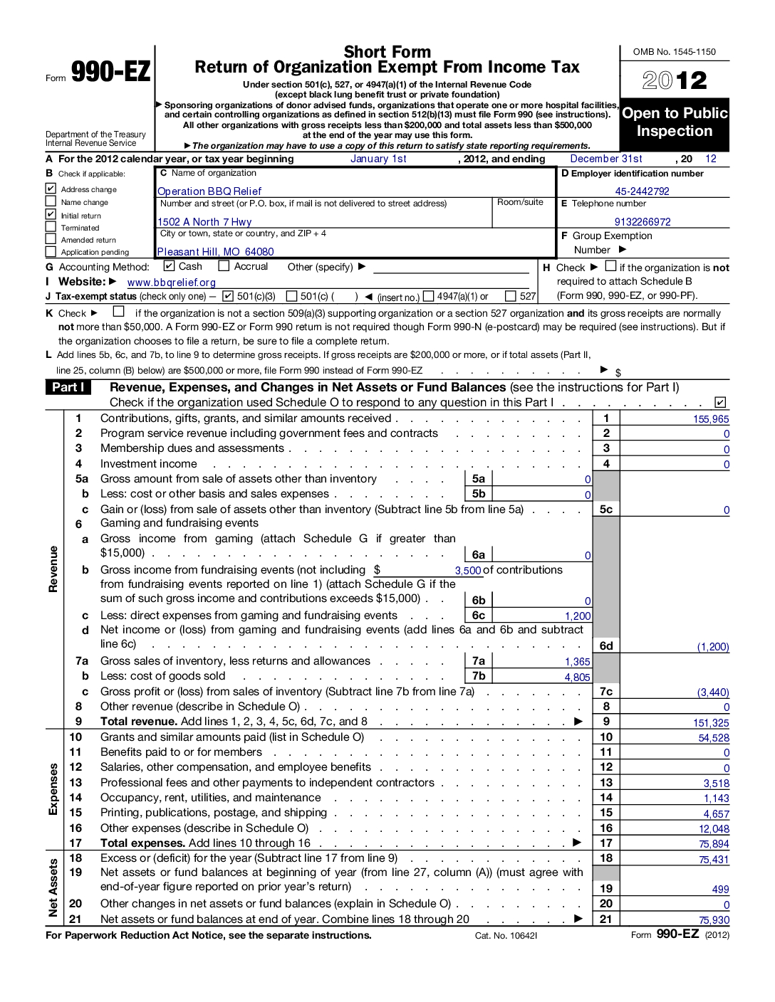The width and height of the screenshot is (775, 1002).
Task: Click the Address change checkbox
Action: click(x=51, y=189)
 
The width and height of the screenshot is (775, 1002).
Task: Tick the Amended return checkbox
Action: click(x=51, y=240)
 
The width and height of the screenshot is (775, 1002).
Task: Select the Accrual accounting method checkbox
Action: click(x=224, y=266)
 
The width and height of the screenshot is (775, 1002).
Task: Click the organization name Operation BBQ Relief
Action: click(x=209, y=191)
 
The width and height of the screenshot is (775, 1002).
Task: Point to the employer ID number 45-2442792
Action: click(x=642, y=191)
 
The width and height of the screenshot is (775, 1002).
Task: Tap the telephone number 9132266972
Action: click(x=643, y=222)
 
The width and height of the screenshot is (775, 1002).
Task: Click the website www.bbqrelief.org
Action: click(x=171, y=283)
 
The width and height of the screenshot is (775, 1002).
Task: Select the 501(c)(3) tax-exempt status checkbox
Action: click(x=228, y=296)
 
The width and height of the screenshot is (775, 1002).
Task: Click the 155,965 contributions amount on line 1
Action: click(x=711, y=419)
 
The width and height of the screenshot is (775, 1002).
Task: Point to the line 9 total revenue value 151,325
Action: click(x=711, y=723)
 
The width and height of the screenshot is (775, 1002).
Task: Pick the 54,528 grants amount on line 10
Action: click(x=714, y=739)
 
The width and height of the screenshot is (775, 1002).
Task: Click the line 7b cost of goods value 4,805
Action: click(x=577, y=677)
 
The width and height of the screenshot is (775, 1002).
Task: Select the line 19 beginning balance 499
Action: click(x=720, y=890)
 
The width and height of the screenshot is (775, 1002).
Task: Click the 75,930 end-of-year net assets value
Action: click(x=714, y=920)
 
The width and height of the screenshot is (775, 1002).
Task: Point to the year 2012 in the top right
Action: click(x=675, y=80)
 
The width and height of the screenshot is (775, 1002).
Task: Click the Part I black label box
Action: click(x=68, y=387)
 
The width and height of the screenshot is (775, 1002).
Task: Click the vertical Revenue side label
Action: click(x=53, y=569)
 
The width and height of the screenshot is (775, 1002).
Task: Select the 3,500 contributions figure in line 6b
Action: click(x=468, y=571)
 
